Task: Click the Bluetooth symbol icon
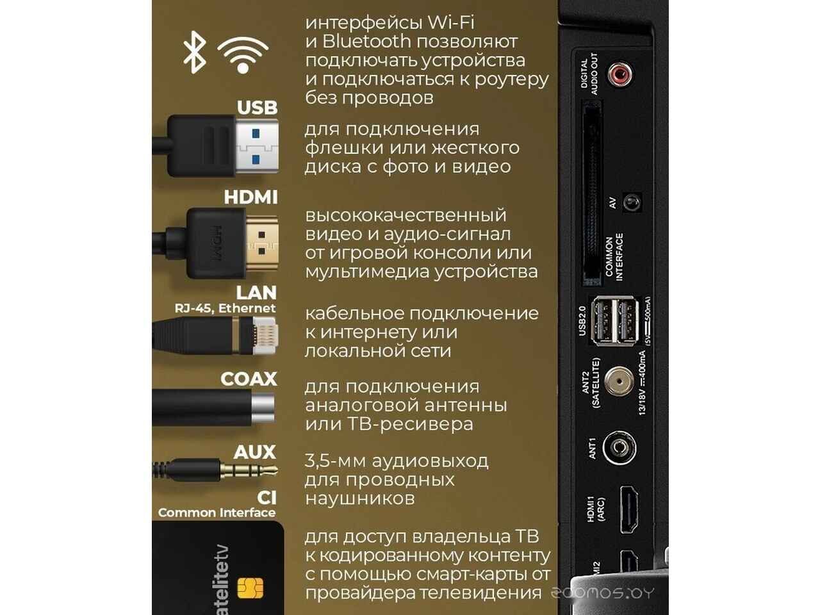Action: click(x=194, y=53)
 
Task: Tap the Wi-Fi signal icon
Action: click(x=243, y=55)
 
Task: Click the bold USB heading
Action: click(x=258, y=108)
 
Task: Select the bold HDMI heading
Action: click(x=250, y=197)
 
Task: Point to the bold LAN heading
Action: click(x=256, y=293)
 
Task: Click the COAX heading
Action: click(x=249, y=379)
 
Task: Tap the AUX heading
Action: click(x=255, y=452)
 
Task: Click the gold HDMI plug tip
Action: click(x=262, y=243)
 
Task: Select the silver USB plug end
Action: click(x=257, y=147)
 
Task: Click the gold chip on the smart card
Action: click(x=250, y=588)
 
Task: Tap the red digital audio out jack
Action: click(x=620, y=74)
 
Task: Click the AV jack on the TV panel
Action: click(x=632, y=203)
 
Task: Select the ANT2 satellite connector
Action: click(x=619, y=381)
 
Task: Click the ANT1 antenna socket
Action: click(x=619, y=447)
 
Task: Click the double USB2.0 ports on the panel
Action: click(x=614, y=320)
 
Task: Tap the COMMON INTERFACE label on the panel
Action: click(x=614, y=257)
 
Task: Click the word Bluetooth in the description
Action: click(x=366, y=42)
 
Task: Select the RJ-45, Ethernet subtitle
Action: click(x=225, y=308)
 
